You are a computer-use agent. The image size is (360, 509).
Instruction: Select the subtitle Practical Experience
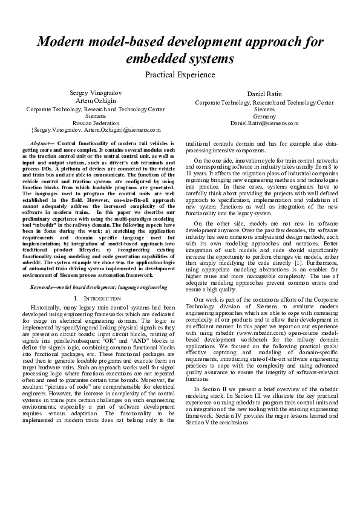point(180,75)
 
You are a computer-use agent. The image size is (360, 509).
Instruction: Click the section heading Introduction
point(97,299)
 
